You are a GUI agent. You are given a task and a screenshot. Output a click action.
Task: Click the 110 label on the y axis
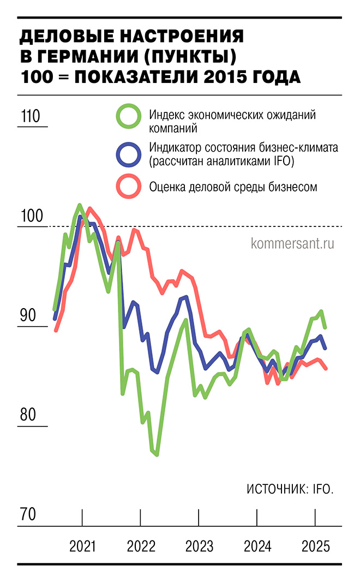pyautogui.click(x=31, y=117)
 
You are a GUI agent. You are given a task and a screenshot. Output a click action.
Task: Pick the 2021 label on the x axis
pyautogui.click(x=82, y=546)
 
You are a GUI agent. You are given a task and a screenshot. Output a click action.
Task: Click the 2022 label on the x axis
pyautogui.click(x=141, y=546)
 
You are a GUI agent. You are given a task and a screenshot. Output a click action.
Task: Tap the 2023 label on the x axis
pyautogui.click(x=199, y=546)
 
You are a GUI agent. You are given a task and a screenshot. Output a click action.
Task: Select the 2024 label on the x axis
pyautogui.click(x=257, y=546)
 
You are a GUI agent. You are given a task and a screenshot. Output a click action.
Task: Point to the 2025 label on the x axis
pyautogui.click(x=316, y=546)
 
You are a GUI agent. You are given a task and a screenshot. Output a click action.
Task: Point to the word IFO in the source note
pyautogui.click(x=322, y=489)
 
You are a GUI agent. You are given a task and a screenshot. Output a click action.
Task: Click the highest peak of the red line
pyautogui.click(x=89, y=208)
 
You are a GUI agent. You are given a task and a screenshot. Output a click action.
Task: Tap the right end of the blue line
pyautogui.click(x=326, y=348)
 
